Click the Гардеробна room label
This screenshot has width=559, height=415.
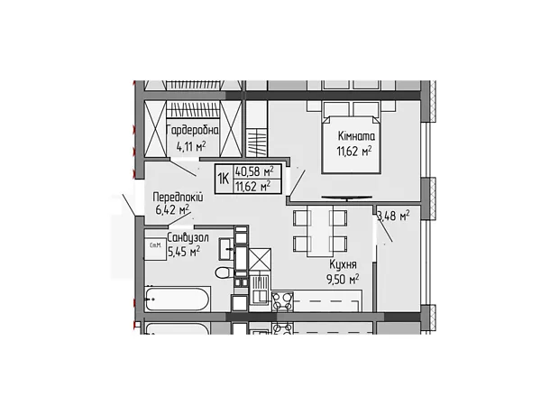(x=193, y=131)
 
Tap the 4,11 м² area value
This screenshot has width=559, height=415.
(x=191, y=146)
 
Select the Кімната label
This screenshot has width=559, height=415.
(x=356, y=136)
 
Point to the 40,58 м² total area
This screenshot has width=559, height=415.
(x=254, y=171)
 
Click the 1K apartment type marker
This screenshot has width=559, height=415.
(x=224, y=179)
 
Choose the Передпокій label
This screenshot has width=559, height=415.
(x=178, y=197)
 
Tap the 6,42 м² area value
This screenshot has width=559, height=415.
(x=172, y=210)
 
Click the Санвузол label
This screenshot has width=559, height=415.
(x=188, y=237)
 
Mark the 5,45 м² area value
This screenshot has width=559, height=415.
(x=184, y=252)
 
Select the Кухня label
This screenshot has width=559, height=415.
(x=343, y=264)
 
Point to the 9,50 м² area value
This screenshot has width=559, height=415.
(x=343, y=279)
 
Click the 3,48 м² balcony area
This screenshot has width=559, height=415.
(x=394, y=216)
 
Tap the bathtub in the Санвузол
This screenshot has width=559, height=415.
(x=178, y=299)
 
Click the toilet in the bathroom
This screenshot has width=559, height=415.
(x=225, y=273)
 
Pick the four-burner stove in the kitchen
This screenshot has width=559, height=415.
(x=282, y=300)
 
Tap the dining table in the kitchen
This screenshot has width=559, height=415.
(x=320, y=231)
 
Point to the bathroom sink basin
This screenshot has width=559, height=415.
(x=226, y=249)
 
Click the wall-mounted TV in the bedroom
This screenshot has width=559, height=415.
(x=346, y=197)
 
